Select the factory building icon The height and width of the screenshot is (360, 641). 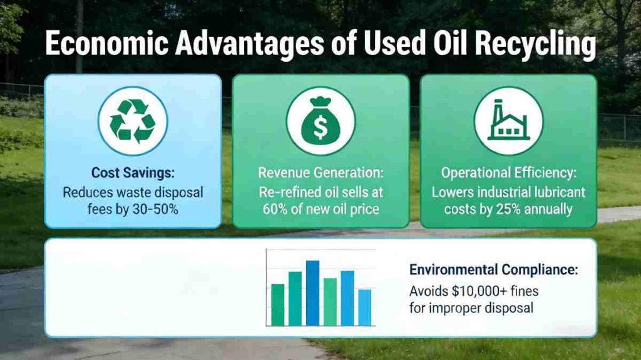508,121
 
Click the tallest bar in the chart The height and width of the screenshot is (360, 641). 312,292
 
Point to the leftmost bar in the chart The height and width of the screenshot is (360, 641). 277,304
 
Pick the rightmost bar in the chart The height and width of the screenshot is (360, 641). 364,307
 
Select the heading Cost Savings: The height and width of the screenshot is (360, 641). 133,172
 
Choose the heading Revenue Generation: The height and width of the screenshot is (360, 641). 320,173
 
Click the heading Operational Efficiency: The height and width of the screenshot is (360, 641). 508,173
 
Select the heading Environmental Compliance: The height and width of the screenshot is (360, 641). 494,270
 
